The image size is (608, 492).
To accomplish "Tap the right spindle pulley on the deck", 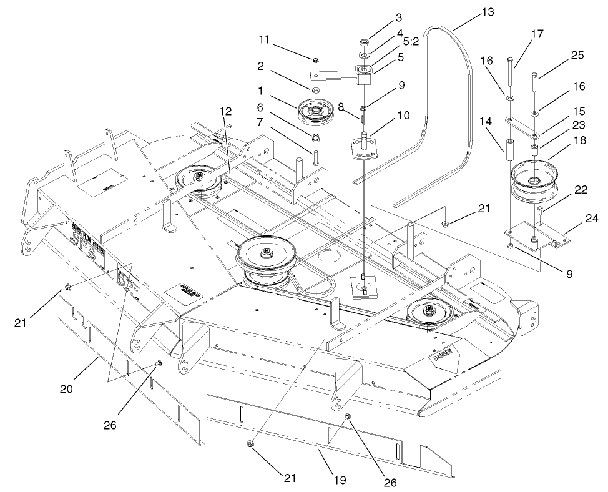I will [x=430, y=311].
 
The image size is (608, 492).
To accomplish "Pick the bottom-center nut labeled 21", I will [x=249, y=445].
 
